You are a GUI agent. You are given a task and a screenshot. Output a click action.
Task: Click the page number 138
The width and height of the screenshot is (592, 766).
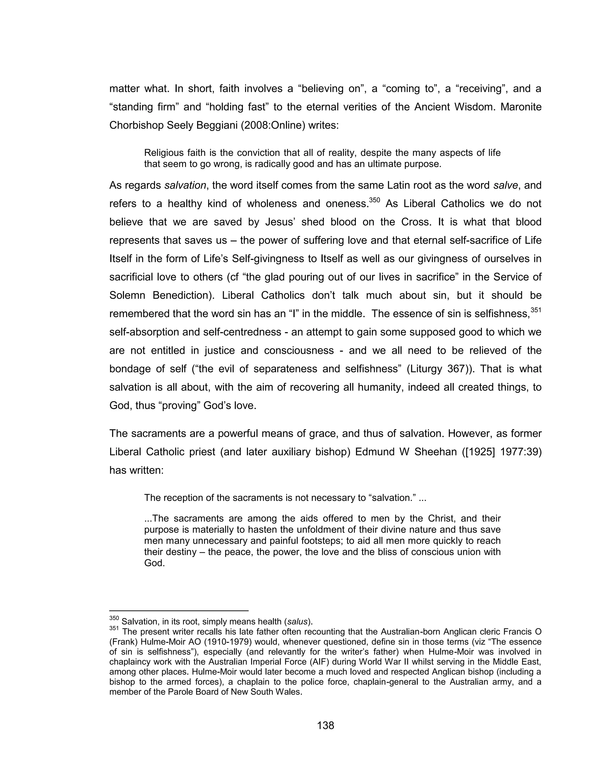pos(325,725)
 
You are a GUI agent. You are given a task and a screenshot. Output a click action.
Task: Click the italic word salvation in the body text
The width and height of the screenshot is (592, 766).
pos(185,185)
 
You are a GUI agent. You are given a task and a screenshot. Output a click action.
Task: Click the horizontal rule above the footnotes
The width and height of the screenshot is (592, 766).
pos(179,610)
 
